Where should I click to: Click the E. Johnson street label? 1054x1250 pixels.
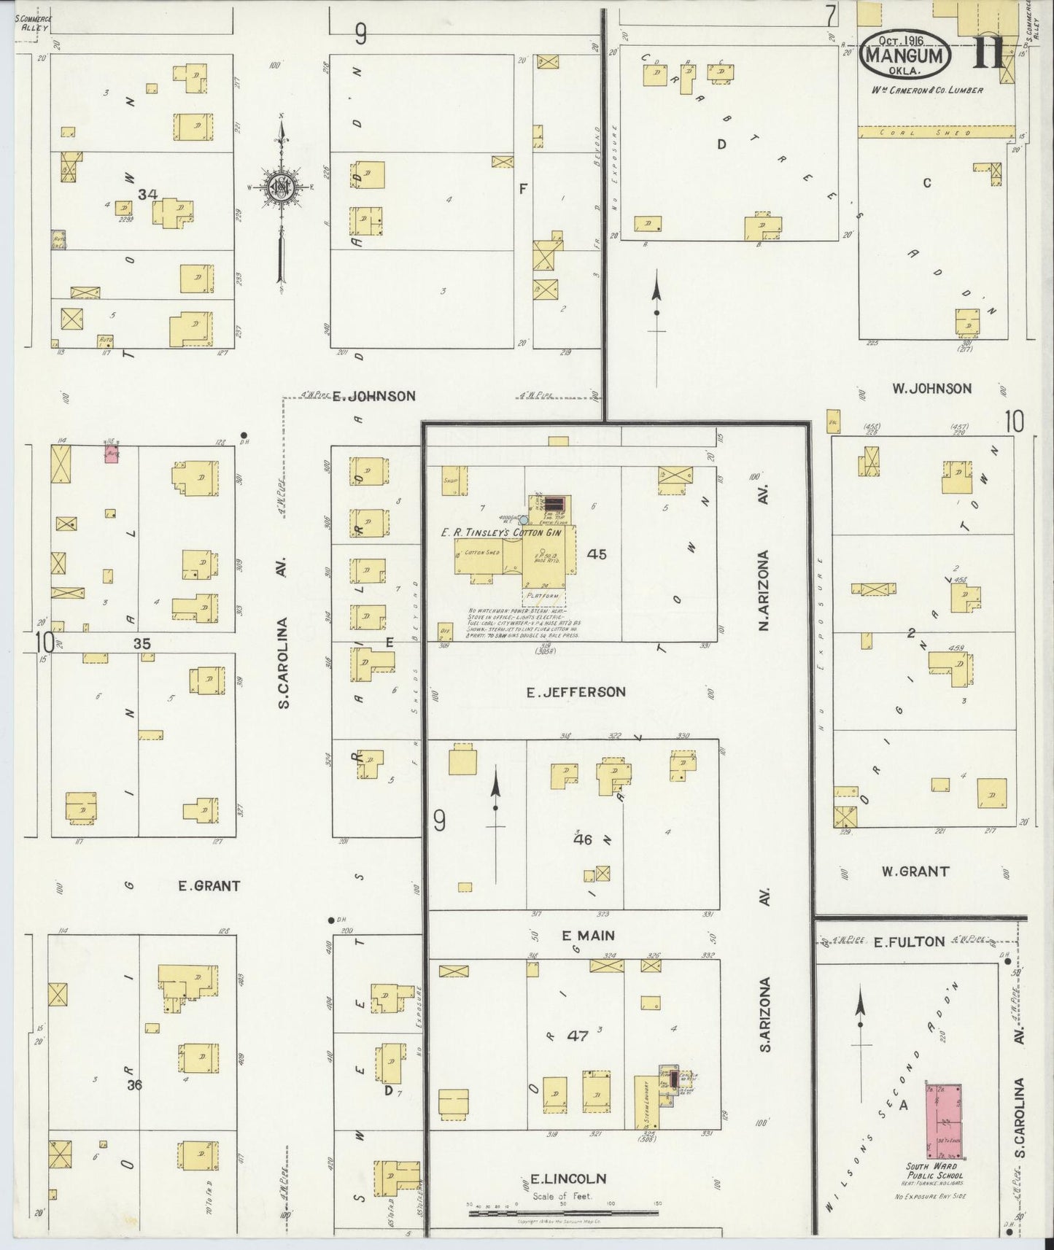click(373, 396)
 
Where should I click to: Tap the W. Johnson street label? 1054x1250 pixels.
click(932, 389)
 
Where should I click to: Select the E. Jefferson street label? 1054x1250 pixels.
click(576, 691)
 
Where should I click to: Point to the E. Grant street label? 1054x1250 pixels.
click(209, 886)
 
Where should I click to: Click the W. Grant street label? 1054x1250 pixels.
click(915, 871)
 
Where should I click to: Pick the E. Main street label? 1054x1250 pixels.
click(588, 935)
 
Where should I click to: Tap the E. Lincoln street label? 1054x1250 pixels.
click(565, 1179)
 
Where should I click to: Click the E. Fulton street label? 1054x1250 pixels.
click(909, 942)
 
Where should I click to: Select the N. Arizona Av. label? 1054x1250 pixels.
click(764, 590)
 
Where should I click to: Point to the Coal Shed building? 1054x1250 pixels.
click(936, 132)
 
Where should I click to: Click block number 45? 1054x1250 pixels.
click(596, 554)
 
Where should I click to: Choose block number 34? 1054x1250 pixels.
click(148, 194)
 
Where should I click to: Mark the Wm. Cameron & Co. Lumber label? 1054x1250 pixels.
click(937, 90)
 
